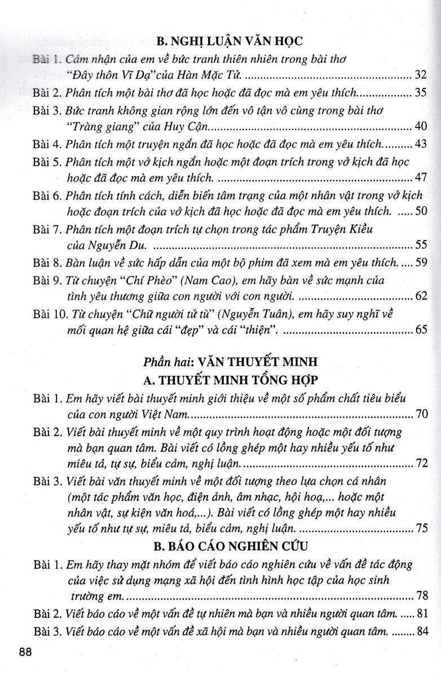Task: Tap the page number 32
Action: pos(421,74)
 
